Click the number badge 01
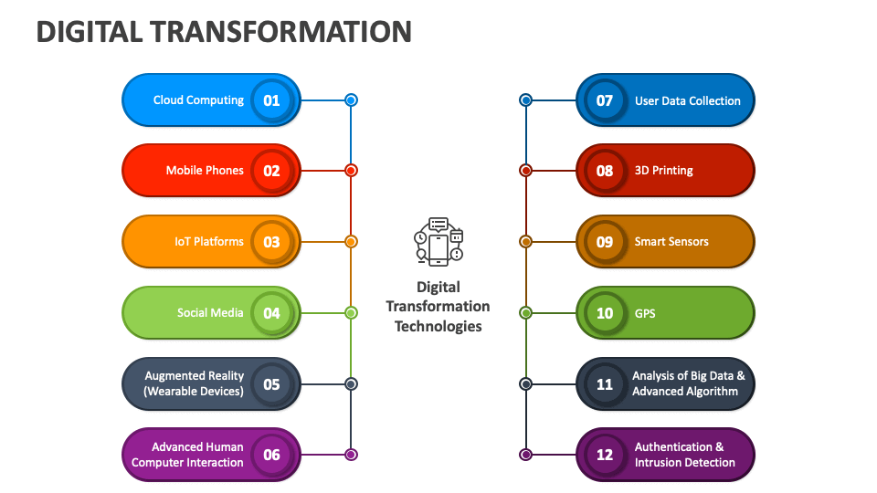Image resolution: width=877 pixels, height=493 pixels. click(x=272, y=100)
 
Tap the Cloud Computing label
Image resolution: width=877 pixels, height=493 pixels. click(x=198, y=100)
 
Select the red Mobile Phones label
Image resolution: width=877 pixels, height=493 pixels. click(x=205, y=171)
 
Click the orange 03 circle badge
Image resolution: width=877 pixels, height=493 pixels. click(x=272, y=242)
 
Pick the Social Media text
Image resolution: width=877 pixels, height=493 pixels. click(x=210, y=313)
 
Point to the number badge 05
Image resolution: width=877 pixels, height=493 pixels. click(x=272, y=384)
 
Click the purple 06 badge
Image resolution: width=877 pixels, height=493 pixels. click(x=272, y=455)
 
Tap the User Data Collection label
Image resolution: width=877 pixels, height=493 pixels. click(x=687, y=100)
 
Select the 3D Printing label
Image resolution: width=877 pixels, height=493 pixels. click(x=664, y=171)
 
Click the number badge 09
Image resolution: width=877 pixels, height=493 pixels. click(x=605, y=242)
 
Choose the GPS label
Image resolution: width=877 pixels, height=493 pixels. click(x=645, y=313)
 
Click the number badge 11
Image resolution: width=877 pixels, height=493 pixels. click(x=605, y=384)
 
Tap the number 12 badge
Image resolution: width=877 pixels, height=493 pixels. click(x=605, y=455)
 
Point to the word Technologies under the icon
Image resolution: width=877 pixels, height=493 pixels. click(x=438, y=327)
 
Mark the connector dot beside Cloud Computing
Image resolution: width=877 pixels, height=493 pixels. click(x=351, y=100)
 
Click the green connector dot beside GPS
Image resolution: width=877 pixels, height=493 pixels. click(x=526, y=313)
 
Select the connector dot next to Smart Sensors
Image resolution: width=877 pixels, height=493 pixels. click(x=526, y=241)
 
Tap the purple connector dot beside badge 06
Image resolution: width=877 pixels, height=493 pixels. click(x=351, y=455)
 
